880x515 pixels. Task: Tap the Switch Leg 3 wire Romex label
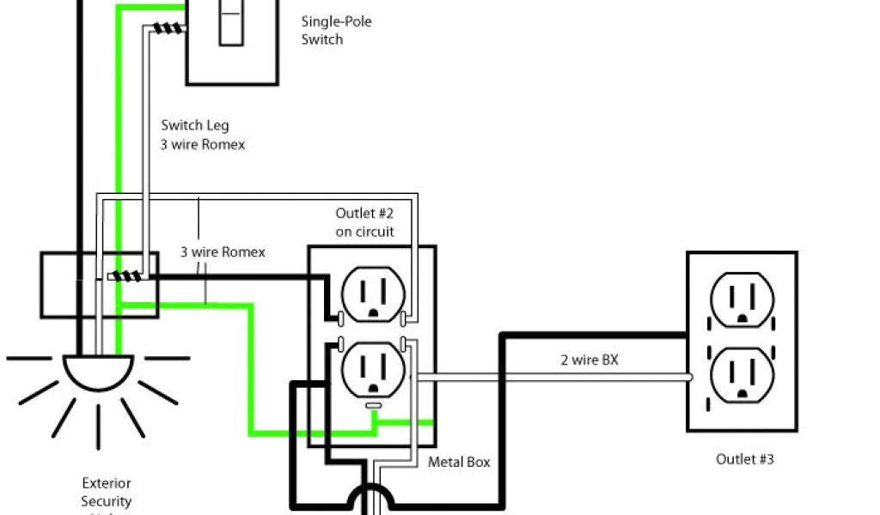click(203, 136)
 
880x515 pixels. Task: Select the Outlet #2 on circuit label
click(365, 221)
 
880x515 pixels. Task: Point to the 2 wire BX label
click(589, 360)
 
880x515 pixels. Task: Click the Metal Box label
click(460, 463)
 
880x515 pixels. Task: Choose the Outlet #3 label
click(745, 460)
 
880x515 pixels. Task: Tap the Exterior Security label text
click(107, 492)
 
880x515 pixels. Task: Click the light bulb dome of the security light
click(98, 371)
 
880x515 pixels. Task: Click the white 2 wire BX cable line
click(559, 376)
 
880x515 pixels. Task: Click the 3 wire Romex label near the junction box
click(223, 252)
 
